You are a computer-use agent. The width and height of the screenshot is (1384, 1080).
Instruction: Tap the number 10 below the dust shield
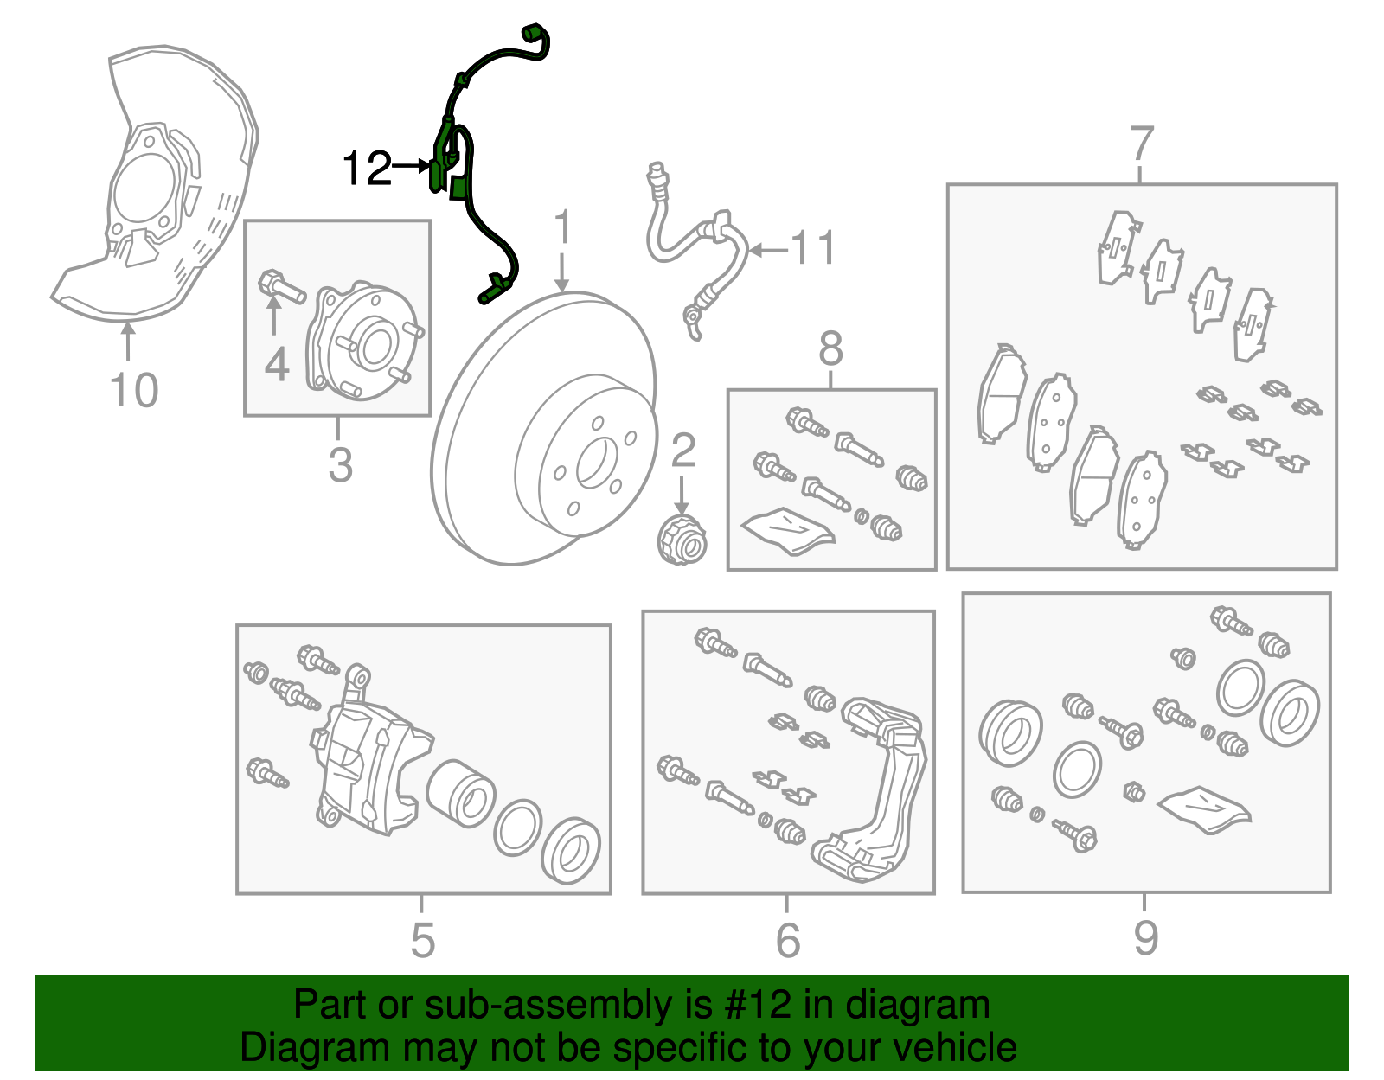134,390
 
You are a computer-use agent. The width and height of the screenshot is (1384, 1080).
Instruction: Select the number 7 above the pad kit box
1141,144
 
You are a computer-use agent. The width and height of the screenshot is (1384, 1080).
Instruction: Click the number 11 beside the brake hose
814,248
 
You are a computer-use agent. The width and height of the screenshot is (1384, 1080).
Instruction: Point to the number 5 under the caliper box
422,940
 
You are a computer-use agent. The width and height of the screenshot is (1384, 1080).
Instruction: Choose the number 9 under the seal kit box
1145,938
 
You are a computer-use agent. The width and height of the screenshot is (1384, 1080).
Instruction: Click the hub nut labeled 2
682,540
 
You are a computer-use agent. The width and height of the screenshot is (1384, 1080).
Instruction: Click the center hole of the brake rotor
596,463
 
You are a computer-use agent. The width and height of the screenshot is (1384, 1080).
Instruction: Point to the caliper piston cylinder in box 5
460,794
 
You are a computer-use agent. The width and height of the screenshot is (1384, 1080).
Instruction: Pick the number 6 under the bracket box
788,940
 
